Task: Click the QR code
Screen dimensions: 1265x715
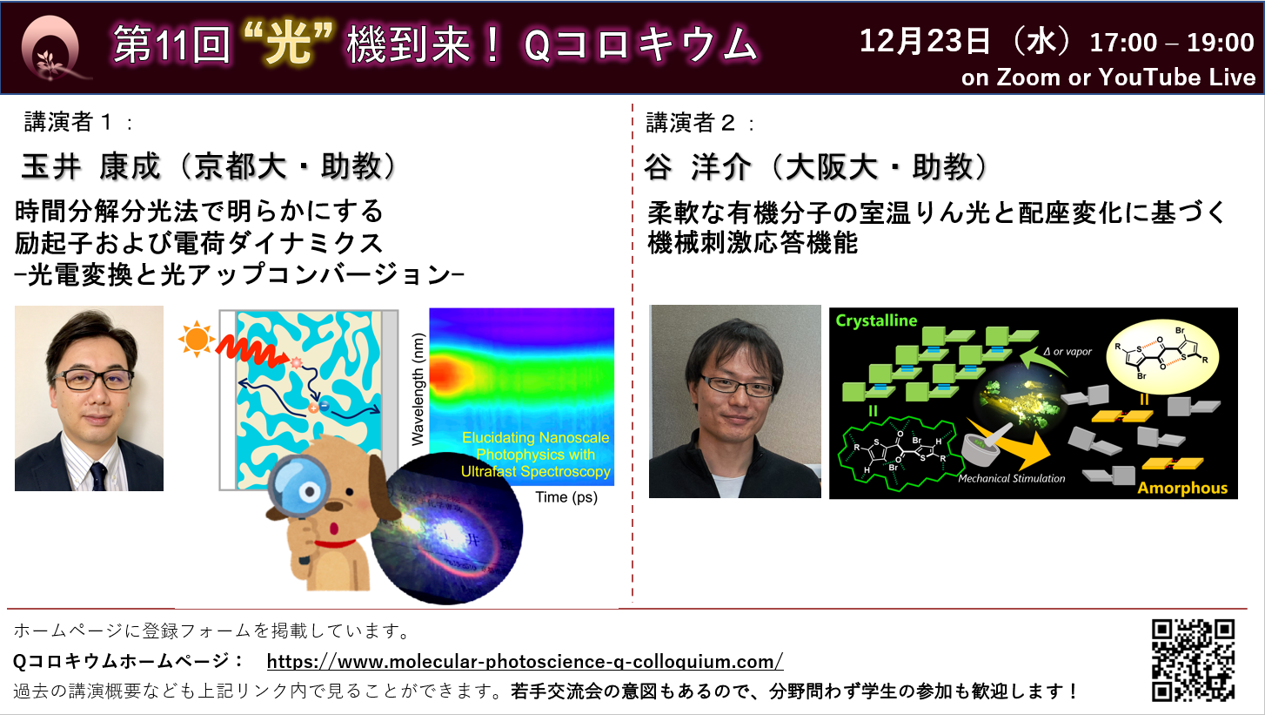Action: [x=1193, y=660]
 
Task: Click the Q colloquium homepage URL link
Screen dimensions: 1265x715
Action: [x=525, y=661]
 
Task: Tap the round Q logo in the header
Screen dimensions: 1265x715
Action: [x=50, y=48]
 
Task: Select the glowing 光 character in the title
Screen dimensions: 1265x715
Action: [x=289, y=44]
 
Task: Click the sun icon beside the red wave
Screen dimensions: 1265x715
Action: [x=196, y=339]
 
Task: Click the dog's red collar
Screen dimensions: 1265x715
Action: [x=335, y=543]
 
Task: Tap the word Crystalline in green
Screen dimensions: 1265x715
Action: [x=876, y=320]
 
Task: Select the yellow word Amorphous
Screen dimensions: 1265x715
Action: [x=1182, y=488]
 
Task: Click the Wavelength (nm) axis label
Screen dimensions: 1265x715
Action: [x=418, y=389]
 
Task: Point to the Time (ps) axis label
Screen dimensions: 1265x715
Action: [x=566, y=497]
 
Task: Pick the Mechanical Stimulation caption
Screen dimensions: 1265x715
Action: [x=1012, y=478]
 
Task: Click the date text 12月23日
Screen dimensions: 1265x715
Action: [x=925, y=41]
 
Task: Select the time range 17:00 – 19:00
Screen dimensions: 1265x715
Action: [x=1171, y=43]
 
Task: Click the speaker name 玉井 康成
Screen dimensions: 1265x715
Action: [x=91, y=166]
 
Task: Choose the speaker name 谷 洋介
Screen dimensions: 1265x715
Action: [x=698, y=167]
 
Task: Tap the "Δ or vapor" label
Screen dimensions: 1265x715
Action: [x=1068, y=352]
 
